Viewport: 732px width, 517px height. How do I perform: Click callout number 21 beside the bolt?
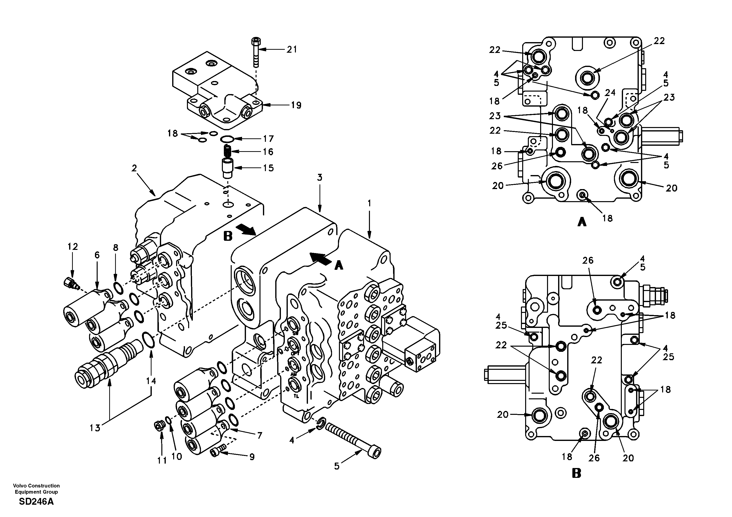292,49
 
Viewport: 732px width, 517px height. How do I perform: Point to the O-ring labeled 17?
227,139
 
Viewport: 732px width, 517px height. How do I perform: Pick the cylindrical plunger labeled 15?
228,168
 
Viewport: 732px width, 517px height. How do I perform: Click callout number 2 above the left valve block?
134,168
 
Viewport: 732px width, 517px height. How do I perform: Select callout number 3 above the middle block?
320,178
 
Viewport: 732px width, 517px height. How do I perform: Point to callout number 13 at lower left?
95,428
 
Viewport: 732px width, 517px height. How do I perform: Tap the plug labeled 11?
158,426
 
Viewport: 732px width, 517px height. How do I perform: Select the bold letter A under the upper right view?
582,222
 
